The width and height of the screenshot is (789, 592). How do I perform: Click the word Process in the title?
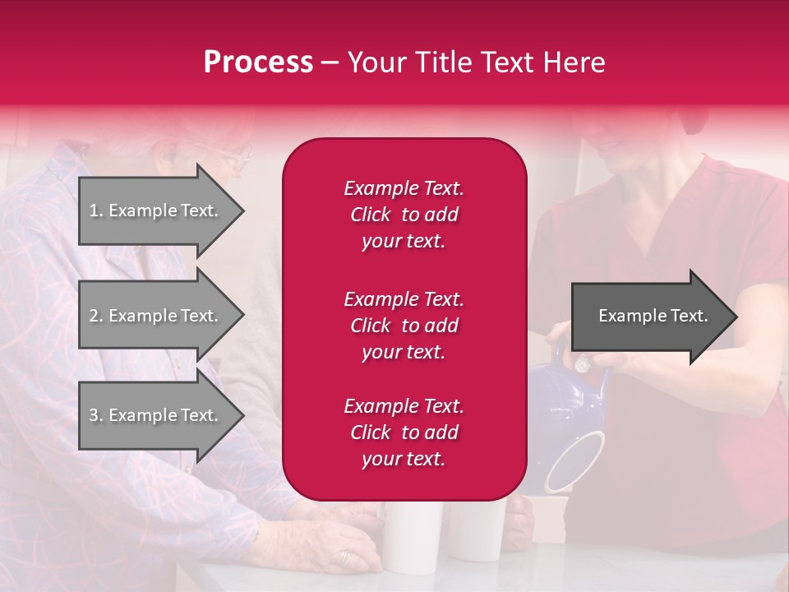coord(258,62)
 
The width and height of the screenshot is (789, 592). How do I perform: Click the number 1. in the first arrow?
coord(96,210)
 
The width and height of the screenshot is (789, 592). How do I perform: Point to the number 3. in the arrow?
coord(96,415)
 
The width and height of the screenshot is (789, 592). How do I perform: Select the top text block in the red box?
coord(404,215)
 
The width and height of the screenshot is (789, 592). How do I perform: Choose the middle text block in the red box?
coord(404,326)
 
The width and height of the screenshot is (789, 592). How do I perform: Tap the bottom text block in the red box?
coord(404,432)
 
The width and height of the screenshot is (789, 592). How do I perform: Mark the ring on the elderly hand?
coord(344,557)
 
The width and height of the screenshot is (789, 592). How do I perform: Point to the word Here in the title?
coord(575,62)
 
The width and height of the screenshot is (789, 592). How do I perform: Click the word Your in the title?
coord(377,62)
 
